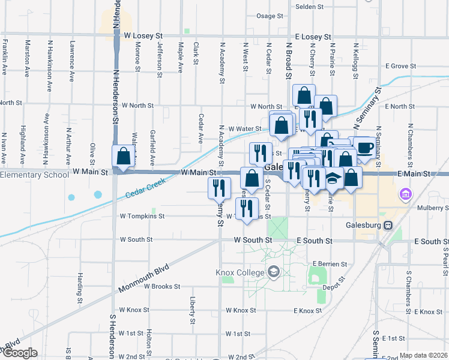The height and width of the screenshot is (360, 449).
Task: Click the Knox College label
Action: pos(240,273)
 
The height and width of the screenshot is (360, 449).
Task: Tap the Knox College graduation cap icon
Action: pos(274,273)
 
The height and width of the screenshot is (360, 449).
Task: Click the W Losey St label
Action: pos(145,36)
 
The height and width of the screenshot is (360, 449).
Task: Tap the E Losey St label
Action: pos(313,37)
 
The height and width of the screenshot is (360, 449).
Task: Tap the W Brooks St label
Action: pos(162,286)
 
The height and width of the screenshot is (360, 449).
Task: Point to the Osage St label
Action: pos(269,16)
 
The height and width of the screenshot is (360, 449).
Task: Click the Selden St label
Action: pos(310,7)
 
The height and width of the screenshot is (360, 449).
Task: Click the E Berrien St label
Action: pos(330,264)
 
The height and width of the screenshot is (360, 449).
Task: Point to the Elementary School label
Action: pos(34,175)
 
